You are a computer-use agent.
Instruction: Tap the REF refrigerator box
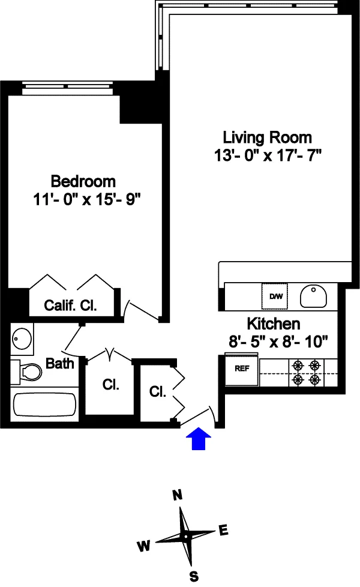[x=241, y=369]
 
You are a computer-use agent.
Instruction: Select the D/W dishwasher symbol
[x=275, y=295]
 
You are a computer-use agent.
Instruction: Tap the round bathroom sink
[x=22, y=339]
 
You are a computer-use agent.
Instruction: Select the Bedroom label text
[x=83, y=181]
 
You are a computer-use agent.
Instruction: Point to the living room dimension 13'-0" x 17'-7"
[x=268, y=156]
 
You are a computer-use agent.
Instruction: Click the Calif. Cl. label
[x=71, y=305]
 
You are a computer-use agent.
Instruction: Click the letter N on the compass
[x=177, y=495]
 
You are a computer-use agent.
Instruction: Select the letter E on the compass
[x=223, y=529]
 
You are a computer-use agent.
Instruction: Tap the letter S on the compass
[x=194, y=576]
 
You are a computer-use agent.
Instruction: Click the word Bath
[x=60, y=363]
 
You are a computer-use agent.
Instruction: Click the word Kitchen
[x=274, y=324]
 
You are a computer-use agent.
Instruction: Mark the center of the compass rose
[x=187, y=535]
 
